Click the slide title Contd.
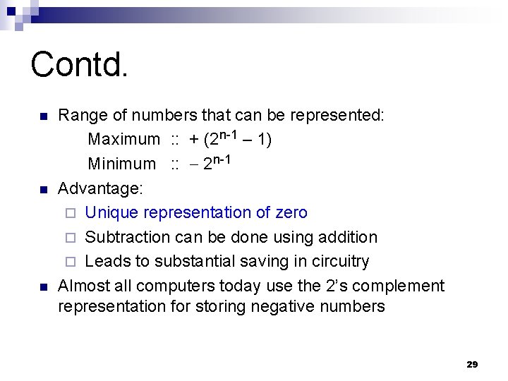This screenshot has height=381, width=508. click(x=80, y=64)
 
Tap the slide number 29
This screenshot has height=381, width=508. click(x=472, y=364)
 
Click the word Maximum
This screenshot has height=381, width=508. click(x=123, y=140)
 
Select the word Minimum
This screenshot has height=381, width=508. click(x=121, y=164)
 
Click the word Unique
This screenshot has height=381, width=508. click(x=111, y=212)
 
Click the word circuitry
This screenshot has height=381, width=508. click(x=337, y=261)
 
